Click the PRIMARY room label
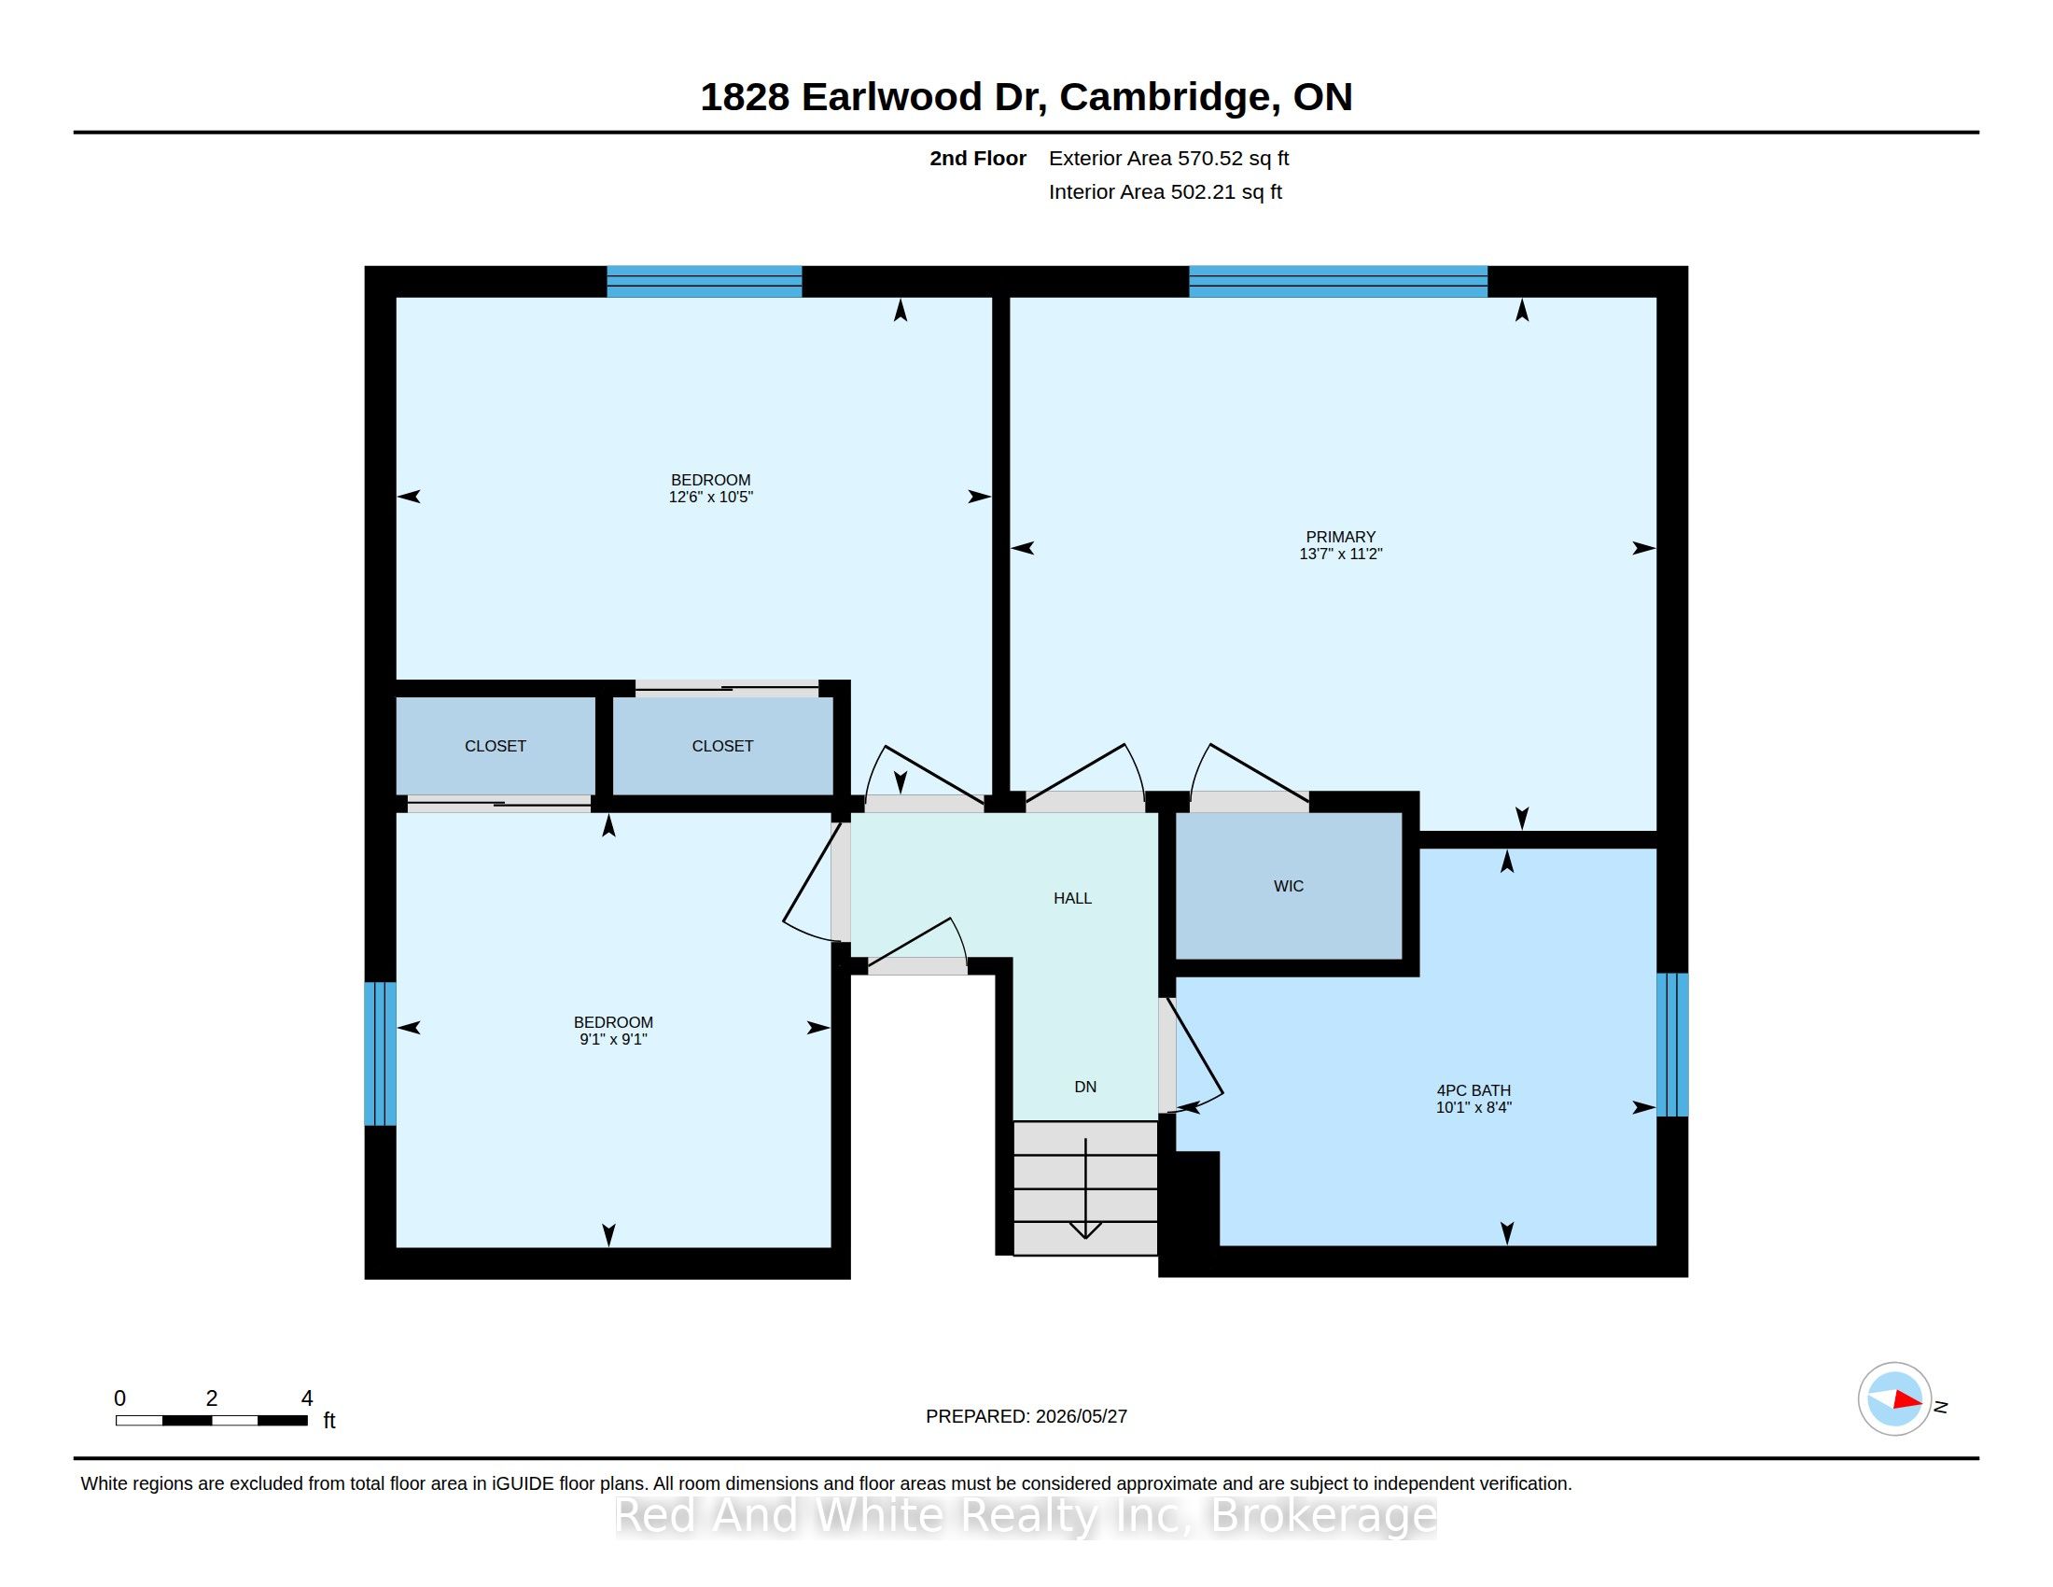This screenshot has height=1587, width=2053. tap(1340, 537)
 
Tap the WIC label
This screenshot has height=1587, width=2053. tap(1289, 886)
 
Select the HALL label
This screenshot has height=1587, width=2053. tap(1072, 898)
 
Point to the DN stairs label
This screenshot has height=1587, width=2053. tap(1085, 1086)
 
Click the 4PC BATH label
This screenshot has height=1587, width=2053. tap(1473, 1090)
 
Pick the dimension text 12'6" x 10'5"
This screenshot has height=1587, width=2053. tap(711, 497)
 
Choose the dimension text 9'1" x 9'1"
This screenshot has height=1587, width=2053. tap(614, 1039)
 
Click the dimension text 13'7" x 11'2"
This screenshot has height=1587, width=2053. tap(1340, 554)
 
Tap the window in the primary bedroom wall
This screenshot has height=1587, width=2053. tap(1337, 282)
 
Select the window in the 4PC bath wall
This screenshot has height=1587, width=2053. tap(1672, 1045)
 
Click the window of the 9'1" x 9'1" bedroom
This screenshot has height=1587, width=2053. tap(380, 1054)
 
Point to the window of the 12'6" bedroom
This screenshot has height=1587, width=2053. tap(704, 282)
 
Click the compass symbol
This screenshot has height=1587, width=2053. tap(1894, 1399)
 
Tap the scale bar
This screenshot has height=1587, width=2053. tap(212, 1421)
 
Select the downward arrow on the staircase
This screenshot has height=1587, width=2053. tap(1085, 1188)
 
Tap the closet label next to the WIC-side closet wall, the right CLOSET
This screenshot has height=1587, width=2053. tap(723, 746)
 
